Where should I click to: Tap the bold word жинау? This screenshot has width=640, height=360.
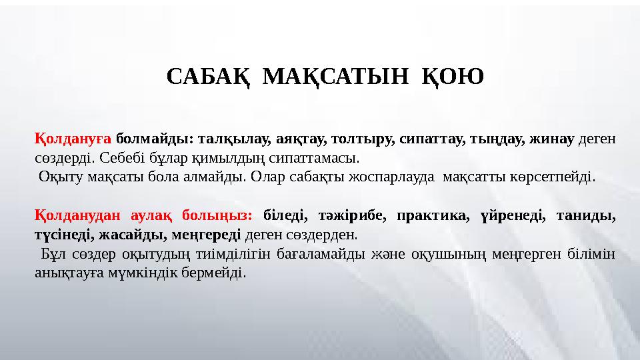552,139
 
